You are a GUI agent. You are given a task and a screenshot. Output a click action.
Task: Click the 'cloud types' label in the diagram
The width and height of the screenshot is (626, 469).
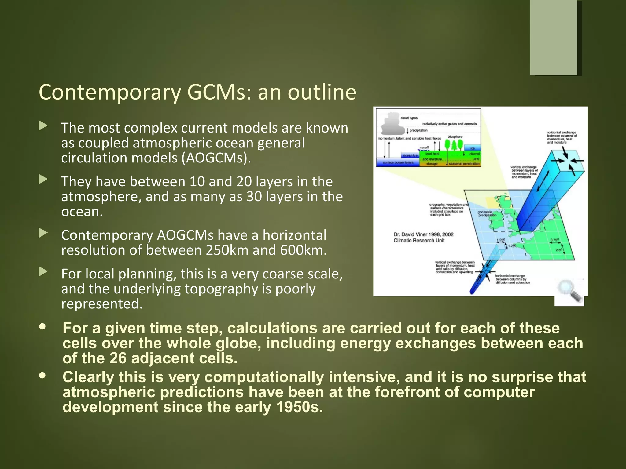pos(409,118)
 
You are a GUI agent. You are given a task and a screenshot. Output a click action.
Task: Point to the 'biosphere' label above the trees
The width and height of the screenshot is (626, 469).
pos(455,136)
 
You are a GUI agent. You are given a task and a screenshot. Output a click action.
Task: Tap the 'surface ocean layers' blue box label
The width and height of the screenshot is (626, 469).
pos(398,162)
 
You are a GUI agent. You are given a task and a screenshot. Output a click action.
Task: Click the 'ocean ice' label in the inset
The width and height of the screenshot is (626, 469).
pos(410,155)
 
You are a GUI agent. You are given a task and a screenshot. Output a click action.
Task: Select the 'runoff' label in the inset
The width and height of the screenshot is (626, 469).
pos(424,147)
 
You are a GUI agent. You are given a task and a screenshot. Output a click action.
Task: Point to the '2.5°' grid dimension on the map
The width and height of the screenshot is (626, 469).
pos(559,250)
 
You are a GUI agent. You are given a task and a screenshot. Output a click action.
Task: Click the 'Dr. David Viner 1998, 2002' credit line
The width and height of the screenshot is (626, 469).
pos(423,234)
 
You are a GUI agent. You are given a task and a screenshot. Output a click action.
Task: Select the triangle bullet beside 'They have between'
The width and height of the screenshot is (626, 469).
pos(43,180)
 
